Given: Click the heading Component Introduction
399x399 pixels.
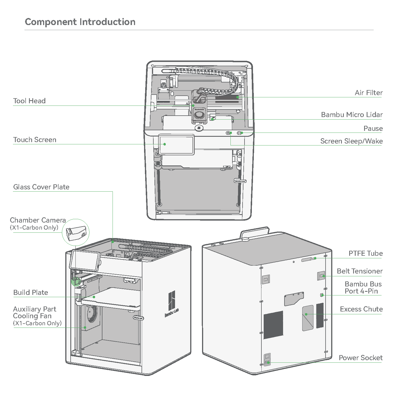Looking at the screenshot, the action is pyautogui.click(x=80, y=22).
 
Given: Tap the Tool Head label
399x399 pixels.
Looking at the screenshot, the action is pyautogui.click(x=29, y=101).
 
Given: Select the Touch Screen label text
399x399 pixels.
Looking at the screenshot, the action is pyautogui.click(x=35, y=140).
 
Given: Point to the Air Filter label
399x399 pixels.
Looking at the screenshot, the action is pyautogui.click(x=369, y=93).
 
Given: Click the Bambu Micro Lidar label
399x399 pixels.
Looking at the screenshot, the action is pyautogui.click(x=352, y=115).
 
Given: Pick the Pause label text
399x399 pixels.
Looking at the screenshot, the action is pyautogui.click(x=373, y=128).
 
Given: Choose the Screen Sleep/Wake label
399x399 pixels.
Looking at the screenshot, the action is pyautogui.click(x=351, y=141).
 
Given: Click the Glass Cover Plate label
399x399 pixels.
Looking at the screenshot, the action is pyautogui.click(x=41, y=187).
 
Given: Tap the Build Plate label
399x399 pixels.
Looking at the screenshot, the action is pyautogui.click(x=31, y=292).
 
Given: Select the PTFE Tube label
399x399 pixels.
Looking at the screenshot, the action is pyautogui.click(x=366, y=253).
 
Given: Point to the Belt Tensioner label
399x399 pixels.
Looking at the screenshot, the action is pyautogui.click(x=360, y=271).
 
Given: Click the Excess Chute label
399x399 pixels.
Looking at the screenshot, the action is pyautogui.click(x=361, y=309).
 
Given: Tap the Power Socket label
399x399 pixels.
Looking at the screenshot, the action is pyautogui.click(x=361, y=358).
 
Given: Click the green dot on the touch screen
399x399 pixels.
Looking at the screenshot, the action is pyautogui.click(x=165, y=144).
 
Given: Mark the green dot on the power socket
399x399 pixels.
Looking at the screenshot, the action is pyautogui.click(x=268, y=362).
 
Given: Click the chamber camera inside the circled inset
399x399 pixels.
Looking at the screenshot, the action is pyautogui.click(x=76, y=233).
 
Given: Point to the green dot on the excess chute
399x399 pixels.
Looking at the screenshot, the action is pyautogui.click(x=306, y=314).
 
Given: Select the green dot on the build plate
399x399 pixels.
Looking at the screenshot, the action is pyautogui.click(x=94, y=297).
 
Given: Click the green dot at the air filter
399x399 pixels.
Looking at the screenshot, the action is pyautogui.click(x=237, y=97).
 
